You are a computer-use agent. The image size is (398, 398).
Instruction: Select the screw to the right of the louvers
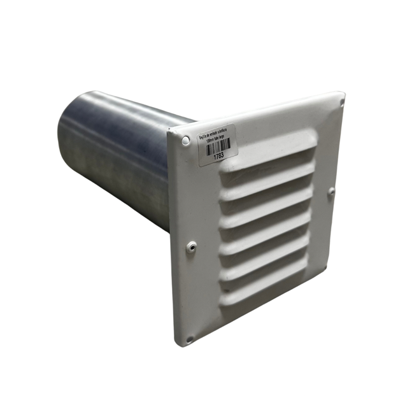point(330,191)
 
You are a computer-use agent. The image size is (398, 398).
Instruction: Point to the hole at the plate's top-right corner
point(341,101)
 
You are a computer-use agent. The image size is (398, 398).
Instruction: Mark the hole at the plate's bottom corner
point(190,339)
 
